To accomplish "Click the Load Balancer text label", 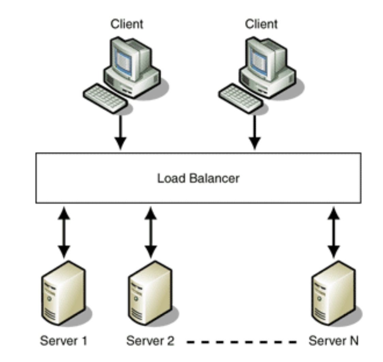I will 198,178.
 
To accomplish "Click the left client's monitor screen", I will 123,58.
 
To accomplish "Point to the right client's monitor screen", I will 258,58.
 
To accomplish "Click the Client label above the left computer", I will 127,25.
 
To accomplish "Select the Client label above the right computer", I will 261,25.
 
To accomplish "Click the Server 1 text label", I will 64,341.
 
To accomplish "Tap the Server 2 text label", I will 150,341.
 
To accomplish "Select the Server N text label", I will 333,341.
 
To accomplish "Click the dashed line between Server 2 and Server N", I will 242,341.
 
